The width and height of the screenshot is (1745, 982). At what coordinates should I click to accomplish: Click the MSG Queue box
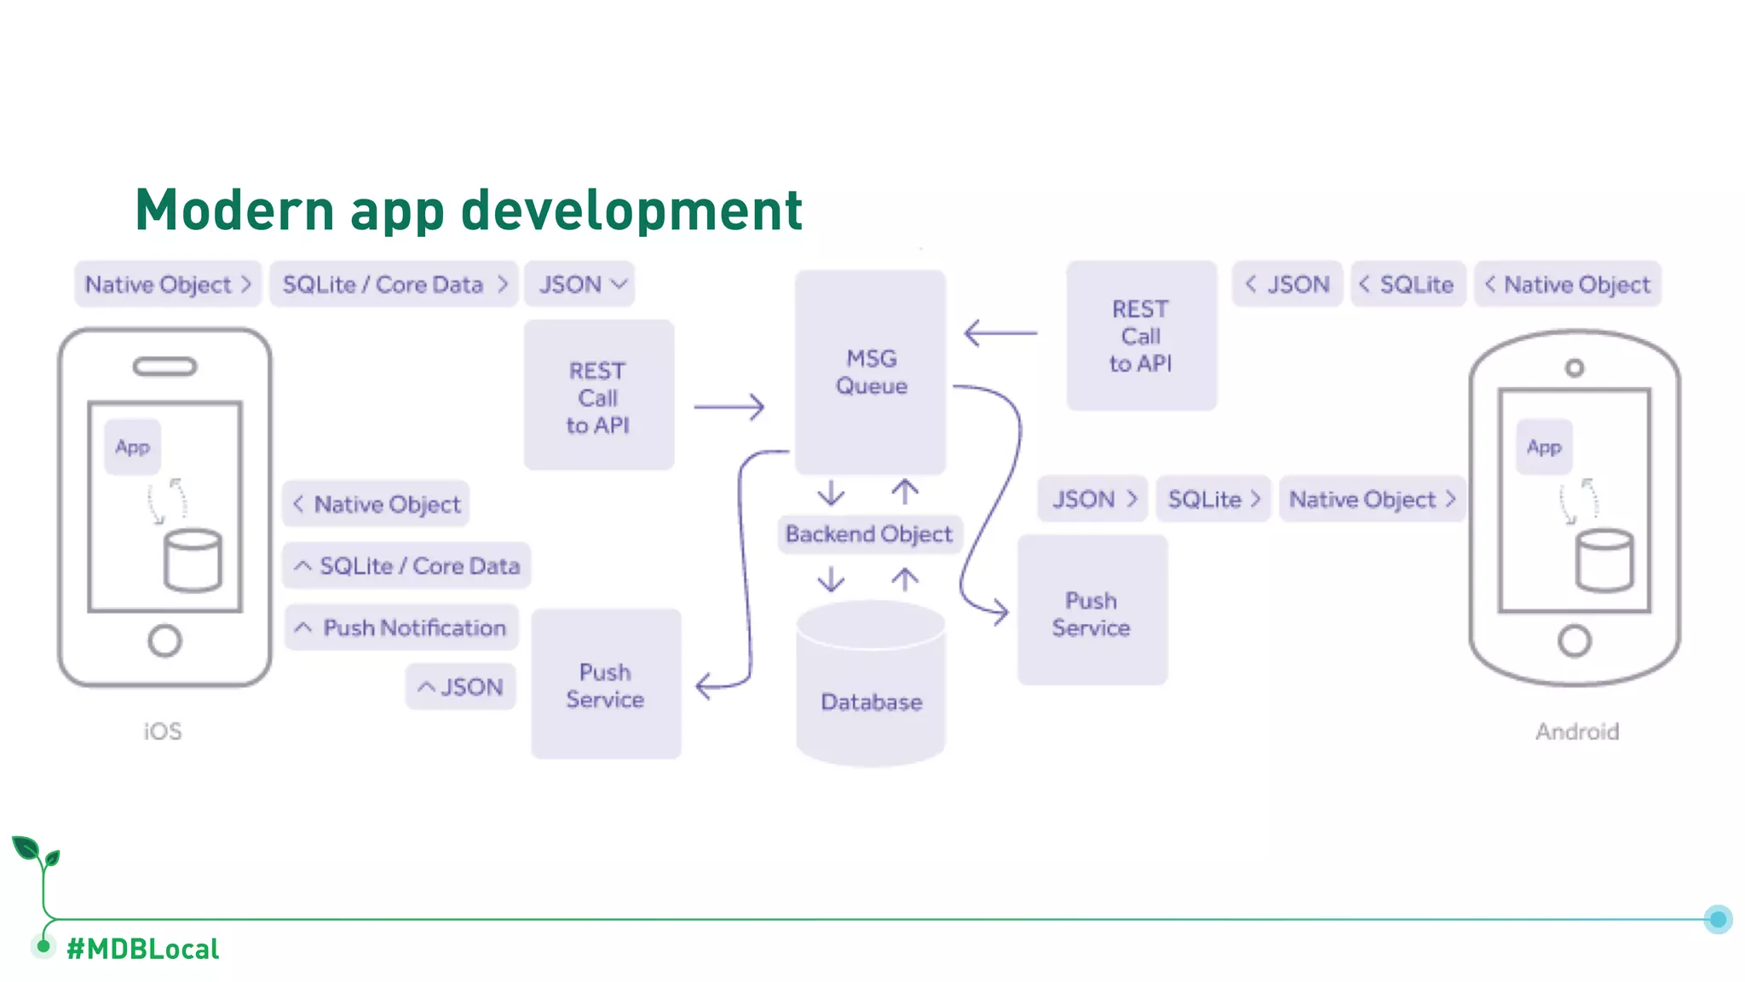pos(870,372)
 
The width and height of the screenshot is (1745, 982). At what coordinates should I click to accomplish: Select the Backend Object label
pos(868,534)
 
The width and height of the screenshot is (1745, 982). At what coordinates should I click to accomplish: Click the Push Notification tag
pos(401,628)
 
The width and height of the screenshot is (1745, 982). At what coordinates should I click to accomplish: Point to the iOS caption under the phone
pos(162,731)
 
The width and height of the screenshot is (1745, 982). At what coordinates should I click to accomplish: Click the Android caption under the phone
pos(1576,731)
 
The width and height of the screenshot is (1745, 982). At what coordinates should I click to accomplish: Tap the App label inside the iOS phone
pos(132,447)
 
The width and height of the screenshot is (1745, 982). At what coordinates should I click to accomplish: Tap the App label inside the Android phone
pos(1544,447)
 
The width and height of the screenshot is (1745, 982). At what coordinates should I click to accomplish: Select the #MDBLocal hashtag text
pos(143,949)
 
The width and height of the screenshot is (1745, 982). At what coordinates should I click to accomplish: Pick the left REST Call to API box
pos(598,397)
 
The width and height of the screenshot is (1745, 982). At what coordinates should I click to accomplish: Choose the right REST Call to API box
pos(1141,336)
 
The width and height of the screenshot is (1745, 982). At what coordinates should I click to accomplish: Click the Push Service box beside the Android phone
pos(1091,614)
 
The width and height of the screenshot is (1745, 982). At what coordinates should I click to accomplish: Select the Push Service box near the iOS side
pos(605,685)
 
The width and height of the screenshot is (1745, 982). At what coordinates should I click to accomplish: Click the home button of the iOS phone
pos(164,641)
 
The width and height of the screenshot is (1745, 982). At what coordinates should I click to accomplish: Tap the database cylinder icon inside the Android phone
pos(1604,560)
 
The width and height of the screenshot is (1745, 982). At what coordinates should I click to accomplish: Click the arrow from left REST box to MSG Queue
pos(729,407)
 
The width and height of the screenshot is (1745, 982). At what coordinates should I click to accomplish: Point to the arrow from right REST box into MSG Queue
pos(999,332)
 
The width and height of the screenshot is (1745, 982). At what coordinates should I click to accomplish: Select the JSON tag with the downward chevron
pos(580,285)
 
